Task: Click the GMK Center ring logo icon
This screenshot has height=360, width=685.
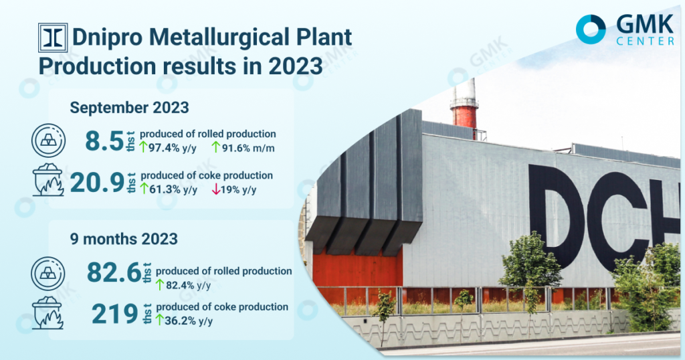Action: tap(591, 29)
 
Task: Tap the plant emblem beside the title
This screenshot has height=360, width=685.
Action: tap(53, 37)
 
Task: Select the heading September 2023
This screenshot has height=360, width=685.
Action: tap(129, 108)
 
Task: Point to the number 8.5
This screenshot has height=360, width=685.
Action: tap(104, 141)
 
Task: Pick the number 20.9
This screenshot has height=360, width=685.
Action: tap(98, 183)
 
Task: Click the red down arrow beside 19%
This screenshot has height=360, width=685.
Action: tap(216, 189)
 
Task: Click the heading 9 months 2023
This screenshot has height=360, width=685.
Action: tap(124, 239)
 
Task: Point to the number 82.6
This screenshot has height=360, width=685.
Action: tap(114, 272)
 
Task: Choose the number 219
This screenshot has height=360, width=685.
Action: tap(114, 314)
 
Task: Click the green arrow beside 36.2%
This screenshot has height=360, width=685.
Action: tap(159, 321)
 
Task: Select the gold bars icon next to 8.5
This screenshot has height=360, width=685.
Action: tap(48, 141)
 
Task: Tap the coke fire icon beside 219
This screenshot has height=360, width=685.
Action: tap(48, 312)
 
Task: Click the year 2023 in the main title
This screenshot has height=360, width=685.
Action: tap(295, 66)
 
